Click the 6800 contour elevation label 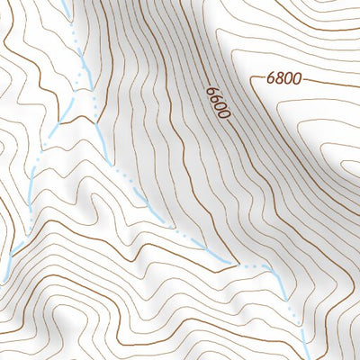[x=283, y=78]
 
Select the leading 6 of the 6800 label [x=271, y=78]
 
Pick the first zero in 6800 [x=287, y=78]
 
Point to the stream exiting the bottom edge [x=309, y=356]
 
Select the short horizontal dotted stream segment [x=256, y=266]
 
